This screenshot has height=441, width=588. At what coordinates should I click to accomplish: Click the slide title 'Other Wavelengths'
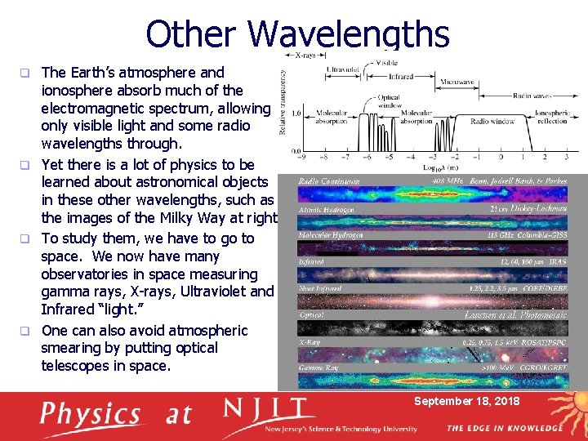point(297,34)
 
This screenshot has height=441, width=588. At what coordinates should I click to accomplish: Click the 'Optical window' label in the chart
point(388,101)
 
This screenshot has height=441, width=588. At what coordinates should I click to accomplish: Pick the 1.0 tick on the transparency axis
point(297,113)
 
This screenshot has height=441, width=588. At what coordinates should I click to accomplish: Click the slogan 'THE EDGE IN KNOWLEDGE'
point(505,428)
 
